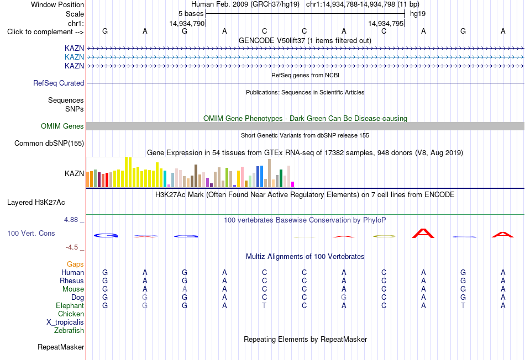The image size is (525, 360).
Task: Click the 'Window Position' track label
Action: (x=57, y=4)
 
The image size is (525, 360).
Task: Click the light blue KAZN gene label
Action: (x=75, y=57)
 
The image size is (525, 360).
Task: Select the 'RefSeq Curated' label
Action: (x=59, y=83)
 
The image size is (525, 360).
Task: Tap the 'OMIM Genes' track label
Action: (x=62, y=126)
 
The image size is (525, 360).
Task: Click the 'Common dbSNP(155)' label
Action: (x=49, y=143)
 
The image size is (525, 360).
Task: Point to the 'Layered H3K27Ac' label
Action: (x=36, y=203)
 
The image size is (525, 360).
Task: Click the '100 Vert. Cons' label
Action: (x=31, y=233)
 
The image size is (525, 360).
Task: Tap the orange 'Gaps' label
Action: (x=75, y=264)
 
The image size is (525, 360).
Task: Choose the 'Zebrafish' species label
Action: (x=69, y=331)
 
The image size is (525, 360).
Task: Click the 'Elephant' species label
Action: (x=70, y=305)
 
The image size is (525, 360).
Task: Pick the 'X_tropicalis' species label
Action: (x=65, y=322)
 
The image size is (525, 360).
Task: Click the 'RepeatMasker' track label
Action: (x=61, y=347)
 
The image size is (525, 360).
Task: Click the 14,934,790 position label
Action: (x=187, y=23)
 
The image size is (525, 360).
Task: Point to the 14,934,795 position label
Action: (x=386, y=23)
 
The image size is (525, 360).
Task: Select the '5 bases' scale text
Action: (x=191, y=14)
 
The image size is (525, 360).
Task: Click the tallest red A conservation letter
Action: (x=423, y=233)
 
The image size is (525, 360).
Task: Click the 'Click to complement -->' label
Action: (x=45, y=32)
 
